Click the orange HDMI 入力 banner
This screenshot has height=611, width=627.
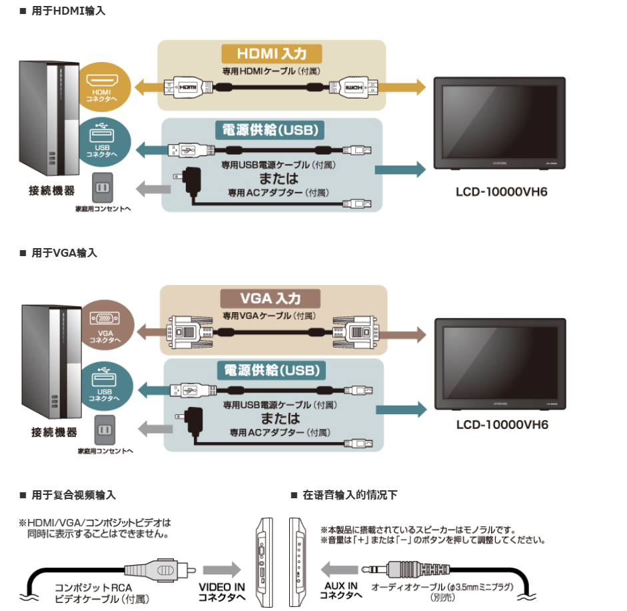tap(272, 53)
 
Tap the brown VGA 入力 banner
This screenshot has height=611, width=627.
tap(271, 299)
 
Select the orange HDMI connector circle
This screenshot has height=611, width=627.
tap(103, 87)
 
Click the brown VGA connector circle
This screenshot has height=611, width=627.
tap(106, 325)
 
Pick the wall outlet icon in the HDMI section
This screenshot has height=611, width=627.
tap(103, 187)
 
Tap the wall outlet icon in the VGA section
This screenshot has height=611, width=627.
tap(105, 430)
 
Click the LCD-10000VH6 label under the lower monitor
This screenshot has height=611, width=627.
tap(502, 424)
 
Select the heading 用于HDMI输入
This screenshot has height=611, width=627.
tap(69, 11)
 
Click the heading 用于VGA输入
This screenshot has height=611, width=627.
tap(65, 253)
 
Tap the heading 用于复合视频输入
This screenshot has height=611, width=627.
tap(73, 496)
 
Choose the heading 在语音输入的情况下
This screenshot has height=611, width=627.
tap(350, 496)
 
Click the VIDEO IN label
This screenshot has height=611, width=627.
tap(222, 588)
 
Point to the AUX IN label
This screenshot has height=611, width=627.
tap(340, 586)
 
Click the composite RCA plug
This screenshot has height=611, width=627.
tap(160, 570)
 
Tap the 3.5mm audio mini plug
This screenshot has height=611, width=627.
tap(406, 569)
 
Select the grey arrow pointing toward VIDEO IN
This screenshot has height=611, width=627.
tap(222, 570)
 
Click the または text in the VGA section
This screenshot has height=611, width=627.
tap(281, 418)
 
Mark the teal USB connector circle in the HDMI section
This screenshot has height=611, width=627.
tap(104, 142)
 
